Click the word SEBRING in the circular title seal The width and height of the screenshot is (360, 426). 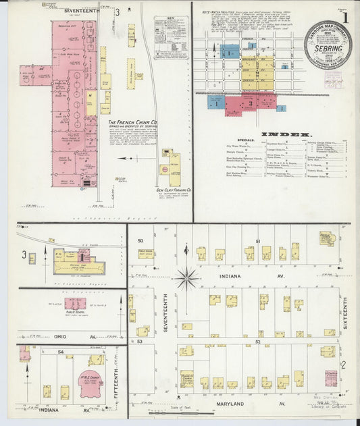point(328,49)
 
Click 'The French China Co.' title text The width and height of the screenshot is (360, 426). point(134,123)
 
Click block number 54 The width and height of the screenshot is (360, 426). point(60,352)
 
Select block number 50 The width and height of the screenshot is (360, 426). point(140,241)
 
